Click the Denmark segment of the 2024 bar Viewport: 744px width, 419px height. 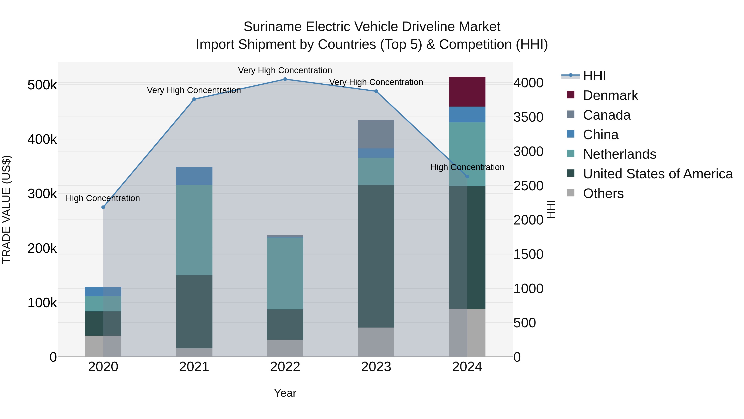(467, 92)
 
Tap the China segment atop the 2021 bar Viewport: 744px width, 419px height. (194, 176)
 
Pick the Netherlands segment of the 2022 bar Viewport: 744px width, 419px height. (285, 273)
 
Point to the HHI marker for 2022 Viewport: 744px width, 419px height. (285, 79)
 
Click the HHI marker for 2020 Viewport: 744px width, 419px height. (103, 207)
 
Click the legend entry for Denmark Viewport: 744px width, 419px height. (610, 95)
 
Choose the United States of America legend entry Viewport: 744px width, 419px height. (657, 174)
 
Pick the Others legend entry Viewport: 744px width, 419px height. (603, 193)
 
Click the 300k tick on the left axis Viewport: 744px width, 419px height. (42, 194)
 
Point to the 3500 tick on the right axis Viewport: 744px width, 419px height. (528, 117)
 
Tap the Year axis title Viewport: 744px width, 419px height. (285, 393)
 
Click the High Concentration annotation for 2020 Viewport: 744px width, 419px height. (103, 198)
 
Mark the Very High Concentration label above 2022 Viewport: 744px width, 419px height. (285, 70)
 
